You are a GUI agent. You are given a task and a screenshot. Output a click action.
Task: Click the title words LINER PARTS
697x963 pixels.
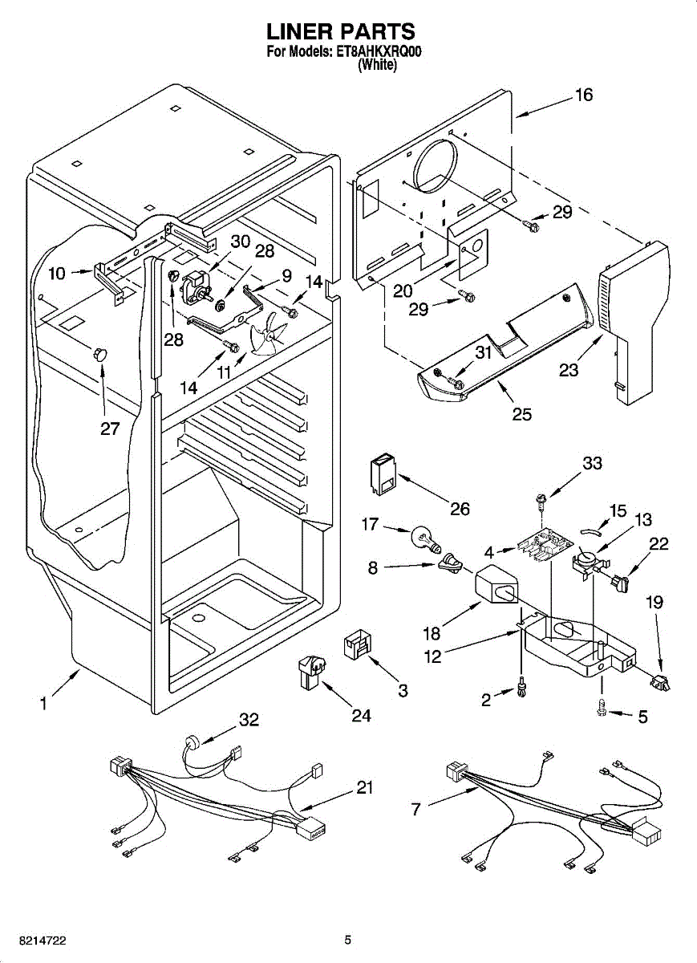pos(341,32)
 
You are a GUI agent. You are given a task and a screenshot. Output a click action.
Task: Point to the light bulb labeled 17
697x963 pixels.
pos(426,536)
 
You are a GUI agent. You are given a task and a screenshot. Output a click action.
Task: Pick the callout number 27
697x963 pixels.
pos(110,429)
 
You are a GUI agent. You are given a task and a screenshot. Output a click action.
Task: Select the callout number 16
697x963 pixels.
pos(583,95)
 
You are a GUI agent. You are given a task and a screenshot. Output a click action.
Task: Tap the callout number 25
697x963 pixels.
pos(522,414)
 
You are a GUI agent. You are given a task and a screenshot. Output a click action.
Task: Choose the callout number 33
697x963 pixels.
pos(592,463)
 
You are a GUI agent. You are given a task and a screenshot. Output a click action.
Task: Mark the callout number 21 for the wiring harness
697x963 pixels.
pos(365,788)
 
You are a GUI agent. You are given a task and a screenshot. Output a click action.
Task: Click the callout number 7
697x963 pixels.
pos(415,809)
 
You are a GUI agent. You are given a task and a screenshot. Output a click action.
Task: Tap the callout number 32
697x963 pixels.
pos(249,720)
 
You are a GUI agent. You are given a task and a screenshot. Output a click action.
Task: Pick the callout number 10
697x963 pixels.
pos(57,273)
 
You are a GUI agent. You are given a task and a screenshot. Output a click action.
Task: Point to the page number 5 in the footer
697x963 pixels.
pos(348,940)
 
